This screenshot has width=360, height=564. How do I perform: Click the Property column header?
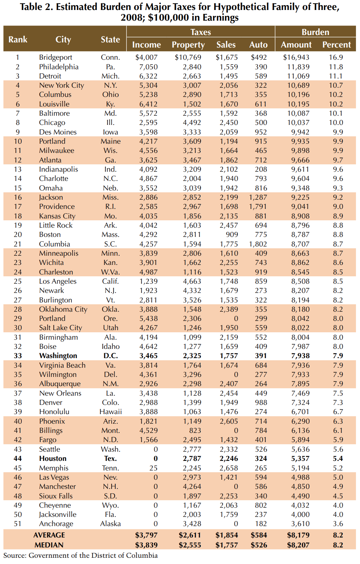[188, 45]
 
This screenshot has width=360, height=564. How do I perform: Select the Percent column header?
[336, 45]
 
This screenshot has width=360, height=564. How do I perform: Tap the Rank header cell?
[18, 39]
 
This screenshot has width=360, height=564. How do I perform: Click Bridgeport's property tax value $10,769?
[188, 57]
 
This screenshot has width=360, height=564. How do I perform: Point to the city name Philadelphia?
[59, 67]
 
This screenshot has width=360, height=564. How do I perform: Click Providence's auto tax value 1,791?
[258, 206]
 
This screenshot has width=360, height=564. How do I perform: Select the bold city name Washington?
[58, 355]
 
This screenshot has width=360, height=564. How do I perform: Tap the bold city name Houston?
[53, 458]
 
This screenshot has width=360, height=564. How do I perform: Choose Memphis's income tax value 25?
[153, 468]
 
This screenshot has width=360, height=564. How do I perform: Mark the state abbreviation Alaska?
[111, 523]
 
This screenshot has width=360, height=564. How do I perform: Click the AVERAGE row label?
[49, 535]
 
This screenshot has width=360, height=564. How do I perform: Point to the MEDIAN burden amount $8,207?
[298, 545]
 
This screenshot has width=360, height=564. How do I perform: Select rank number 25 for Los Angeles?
[18, 281]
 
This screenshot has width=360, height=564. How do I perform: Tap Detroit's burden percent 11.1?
[336, 76]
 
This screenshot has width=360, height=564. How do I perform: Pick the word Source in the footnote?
[14, 556]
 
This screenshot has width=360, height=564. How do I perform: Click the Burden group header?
[315, 32]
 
